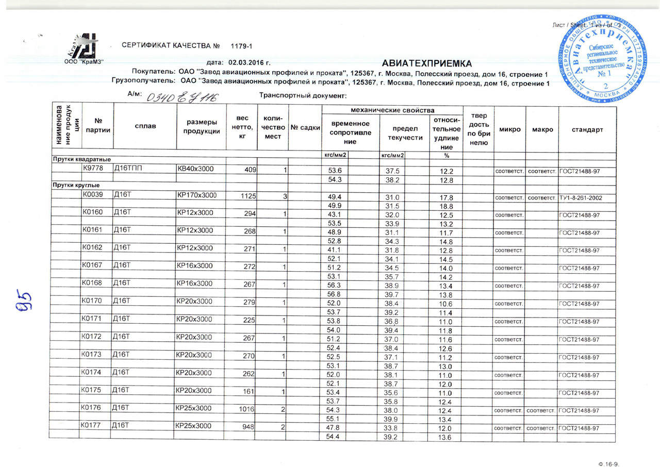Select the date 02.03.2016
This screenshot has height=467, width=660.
pos(250,61)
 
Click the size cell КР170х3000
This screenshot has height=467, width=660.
pos(196,195)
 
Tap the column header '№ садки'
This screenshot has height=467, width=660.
pos(304,128)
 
